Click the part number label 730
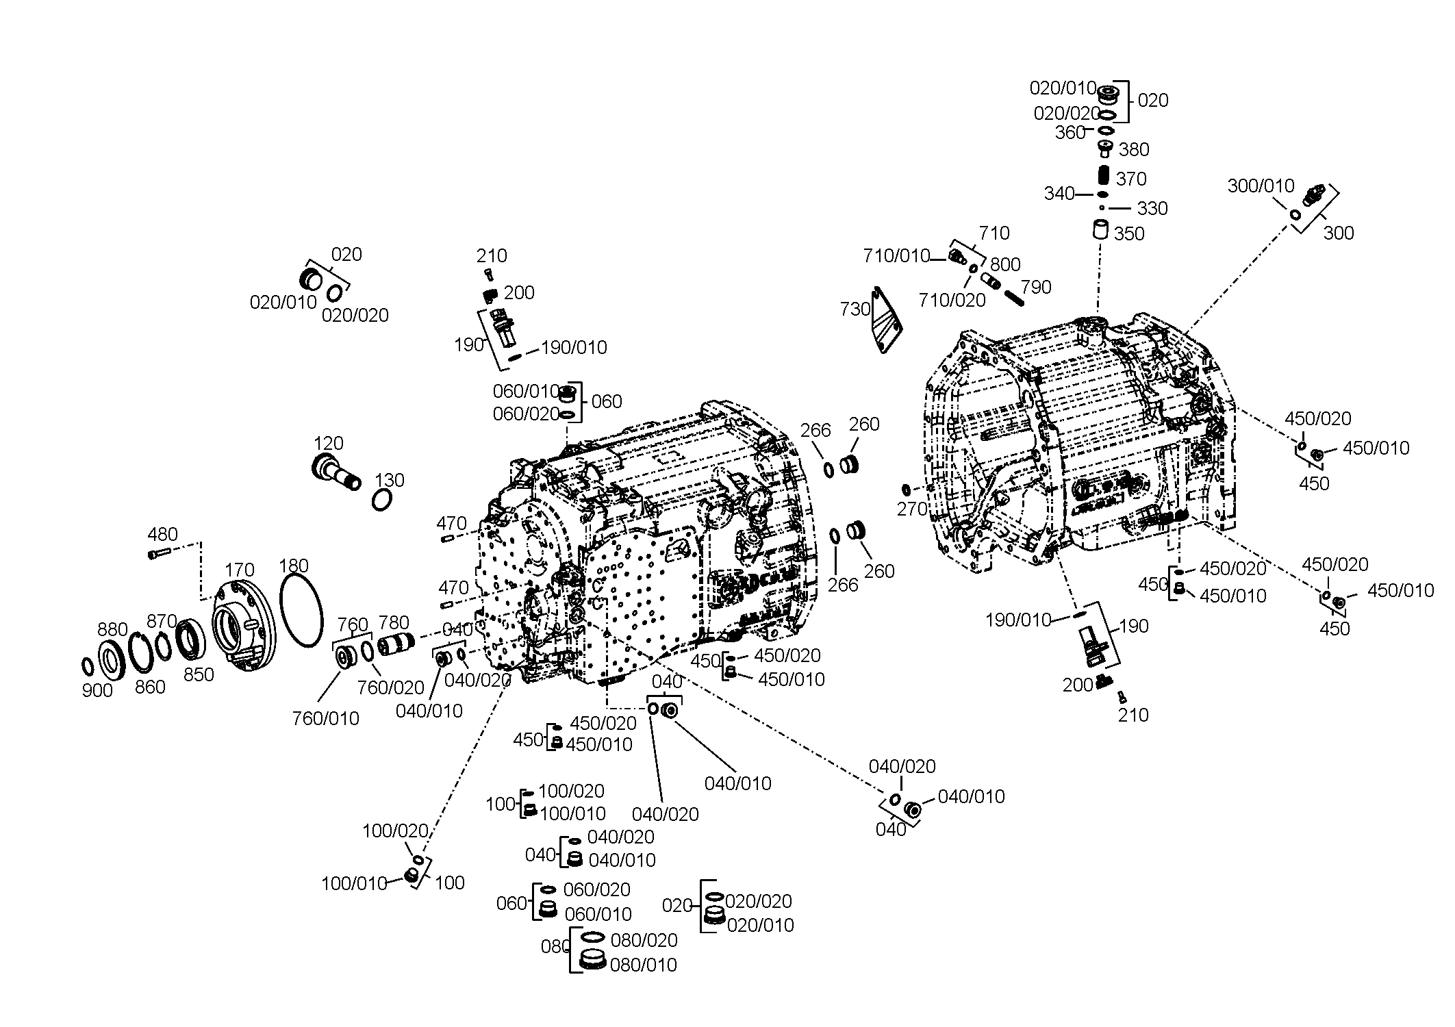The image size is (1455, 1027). [855, 309]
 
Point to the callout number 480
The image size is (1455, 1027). [163, 534]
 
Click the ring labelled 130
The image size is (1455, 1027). [382, 500]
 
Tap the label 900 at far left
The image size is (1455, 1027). [97, 691]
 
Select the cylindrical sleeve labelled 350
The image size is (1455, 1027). [1100, 229]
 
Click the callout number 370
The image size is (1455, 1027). [1131, 179]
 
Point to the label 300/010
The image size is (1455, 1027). [1261, 186]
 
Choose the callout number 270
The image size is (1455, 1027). [913, 509]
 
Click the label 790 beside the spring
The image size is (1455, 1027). [1036, 287]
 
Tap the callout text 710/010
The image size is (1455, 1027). [897, 256]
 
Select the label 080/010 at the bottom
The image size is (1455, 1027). [644, 965]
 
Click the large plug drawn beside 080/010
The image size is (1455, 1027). [592, 959]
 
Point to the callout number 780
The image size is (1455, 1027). [394, 622]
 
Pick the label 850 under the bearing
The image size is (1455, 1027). [199, 674]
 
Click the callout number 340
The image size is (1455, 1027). [1059, 194]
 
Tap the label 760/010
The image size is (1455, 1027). [326, 718]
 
